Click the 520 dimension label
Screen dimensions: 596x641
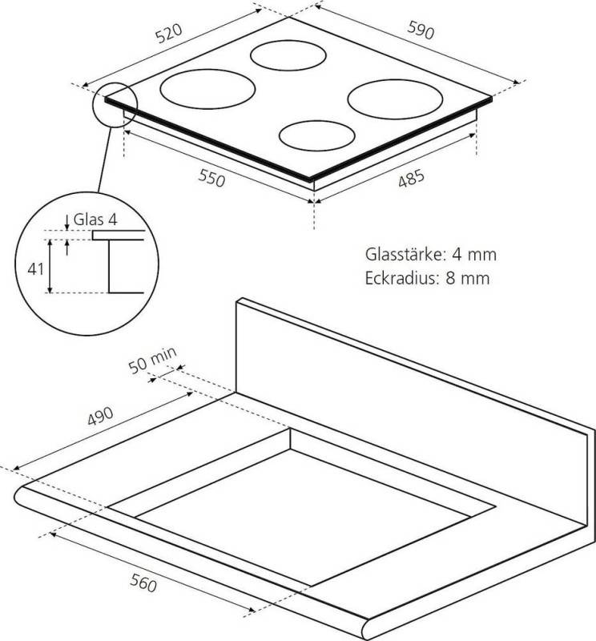point(169,33)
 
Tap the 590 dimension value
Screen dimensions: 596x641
point(421,30)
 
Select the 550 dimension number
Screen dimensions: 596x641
point(211,178)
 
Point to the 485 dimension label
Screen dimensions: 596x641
point(411,179)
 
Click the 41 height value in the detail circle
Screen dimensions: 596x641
point(35,269)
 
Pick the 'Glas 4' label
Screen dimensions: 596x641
point(95,220)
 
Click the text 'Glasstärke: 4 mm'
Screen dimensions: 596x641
point(431,254)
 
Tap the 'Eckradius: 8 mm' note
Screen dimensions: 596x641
point(427,278)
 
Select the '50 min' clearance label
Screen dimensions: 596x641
point(152,361)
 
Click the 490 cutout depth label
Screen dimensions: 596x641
point(100,416)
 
